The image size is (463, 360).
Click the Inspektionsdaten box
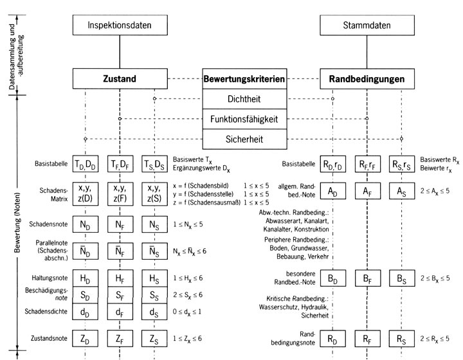click(120, 26)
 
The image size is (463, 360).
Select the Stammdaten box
click(366, 26)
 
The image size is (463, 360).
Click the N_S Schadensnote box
click(154, 226)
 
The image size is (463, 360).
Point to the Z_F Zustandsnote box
click(120, 338)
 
